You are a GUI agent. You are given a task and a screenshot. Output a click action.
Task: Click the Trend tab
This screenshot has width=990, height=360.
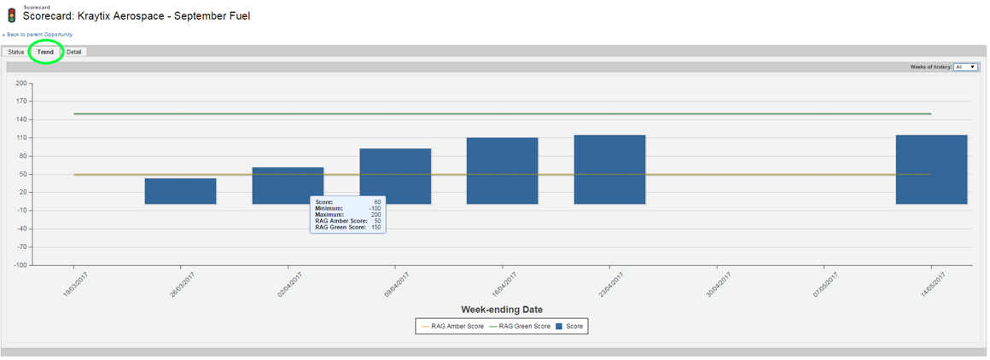click(x=45, y=52)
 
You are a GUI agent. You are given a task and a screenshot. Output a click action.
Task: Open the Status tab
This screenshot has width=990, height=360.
click(x=15, y=52)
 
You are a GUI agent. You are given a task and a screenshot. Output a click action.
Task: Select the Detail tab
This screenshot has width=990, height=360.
click(x=74, y=52)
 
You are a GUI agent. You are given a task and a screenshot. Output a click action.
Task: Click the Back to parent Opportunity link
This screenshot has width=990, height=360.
click(x=38, y=34)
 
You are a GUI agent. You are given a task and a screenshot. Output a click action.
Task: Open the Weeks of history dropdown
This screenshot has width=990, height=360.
click(x=965, y=67)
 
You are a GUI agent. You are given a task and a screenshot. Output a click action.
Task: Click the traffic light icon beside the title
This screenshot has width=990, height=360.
click(x=11, y=15)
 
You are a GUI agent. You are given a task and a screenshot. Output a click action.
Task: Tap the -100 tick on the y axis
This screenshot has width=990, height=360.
click(x=20, y=265)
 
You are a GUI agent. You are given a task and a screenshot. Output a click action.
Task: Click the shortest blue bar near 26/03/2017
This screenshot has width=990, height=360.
click(x=181, y=191)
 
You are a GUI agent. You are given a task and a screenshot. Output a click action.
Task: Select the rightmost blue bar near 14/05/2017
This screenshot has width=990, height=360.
click(x=931, y=169)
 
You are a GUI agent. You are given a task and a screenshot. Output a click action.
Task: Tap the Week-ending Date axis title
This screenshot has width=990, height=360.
click(x=502, y=310)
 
